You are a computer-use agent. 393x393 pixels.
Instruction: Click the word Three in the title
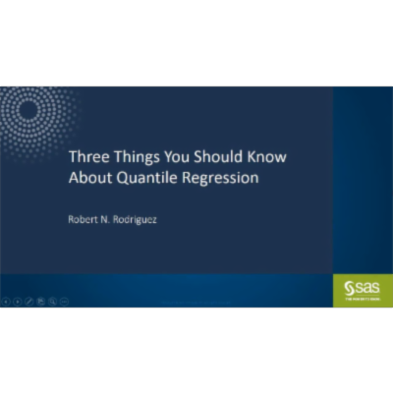point(84,157)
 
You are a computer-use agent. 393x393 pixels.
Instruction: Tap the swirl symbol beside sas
point(349,286)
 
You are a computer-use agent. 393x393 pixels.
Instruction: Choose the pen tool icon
point(28,301)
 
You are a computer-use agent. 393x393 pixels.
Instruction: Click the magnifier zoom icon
point(52,301)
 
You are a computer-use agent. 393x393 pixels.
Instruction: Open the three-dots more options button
point(64,301)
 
